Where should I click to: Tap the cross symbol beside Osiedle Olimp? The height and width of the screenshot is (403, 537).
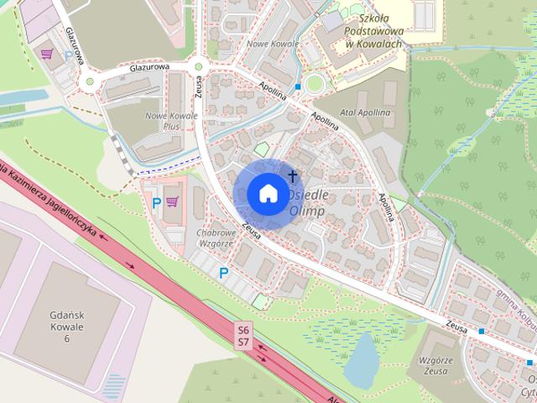(293, 176)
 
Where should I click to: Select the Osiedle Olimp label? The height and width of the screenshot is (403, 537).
(307, 202)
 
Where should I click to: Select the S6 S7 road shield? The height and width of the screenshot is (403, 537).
(243, 335)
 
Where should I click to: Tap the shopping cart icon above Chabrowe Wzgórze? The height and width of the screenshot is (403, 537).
(173, 201)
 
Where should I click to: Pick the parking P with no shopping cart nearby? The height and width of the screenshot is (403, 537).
(223, 273)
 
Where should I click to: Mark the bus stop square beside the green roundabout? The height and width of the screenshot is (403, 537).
(298, 86)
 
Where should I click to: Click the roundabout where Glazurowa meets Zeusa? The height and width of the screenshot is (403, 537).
(199, 67)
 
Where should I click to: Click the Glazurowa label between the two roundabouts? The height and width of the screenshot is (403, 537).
(150, 67)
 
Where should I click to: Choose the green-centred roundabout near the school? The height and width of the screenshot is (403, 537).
(315, 83)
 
